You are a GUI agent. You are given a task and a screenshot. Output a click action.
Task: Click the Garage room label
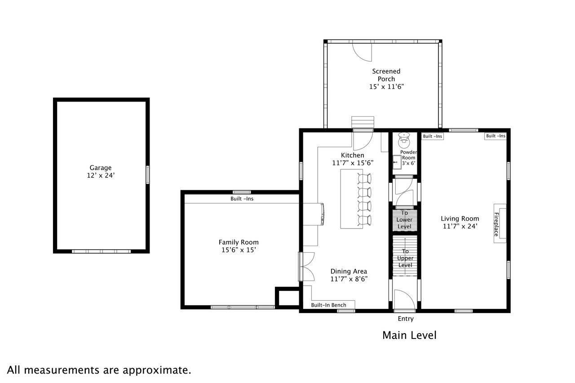pyautogui.click(x=100, y=168)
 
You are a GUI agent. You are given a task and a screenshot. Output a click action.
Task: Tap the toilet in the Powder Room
pyautogui.click(x=404, y=140)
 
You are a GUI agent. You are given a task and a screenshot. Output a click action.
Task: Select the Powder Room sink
pyautogui.click(x=397, y=162)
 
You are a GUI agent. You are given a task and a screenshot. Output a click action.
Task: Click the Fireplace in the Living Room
pyautogui.click(x=500, y=224)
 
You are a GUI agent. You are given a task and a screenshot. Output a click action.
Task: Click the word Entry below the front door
pyautogui.click(x=406, y=319)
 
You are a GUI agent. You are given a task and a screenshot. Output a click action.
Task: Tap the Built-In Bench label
pyautogui.click(x=328, y=305)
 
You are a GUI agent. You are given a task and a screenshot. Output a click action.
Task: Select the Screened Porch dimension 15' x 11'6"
pyautogui.click(x=386, y=87)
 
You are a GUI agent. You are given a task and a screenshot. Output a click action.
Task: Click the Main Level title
pyautogui.click(x=409, y=335)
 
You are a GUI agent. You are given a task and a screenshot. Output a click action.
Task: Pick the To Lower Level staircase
pyautogui.click(x=405, y=220)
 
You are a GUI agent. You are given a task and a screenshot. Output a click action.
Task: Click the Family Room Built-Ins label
pyautogui.click(x=242, y=199)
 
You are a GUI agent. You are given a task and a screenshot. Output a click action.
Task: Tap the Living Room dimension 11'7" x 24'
pyautogui.click(x=460, y=226)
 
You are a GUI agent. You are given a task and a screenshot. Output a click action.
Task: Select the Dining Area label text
pyautogui.click(x=349, y=271)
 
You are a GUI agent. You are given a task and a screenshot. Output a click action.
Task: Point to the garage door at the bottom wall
pyautogui.click(x=101, y=251)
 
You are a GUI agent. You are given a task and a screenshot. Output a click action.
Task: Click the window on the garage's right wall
pyautogui.click(x=148, y=175)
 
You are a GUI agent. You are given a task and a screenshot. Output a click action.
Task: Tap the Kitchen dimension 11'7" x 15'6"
pyautogui.click(x=353, y=163)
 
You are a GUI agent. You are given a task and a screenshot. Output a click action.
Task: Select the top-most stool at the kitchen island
pyautogui.click(x=364, y=178)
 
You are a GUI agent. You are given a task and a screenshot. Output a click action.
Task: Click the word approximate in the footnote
pyautogui.click(x=157, y=370)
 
